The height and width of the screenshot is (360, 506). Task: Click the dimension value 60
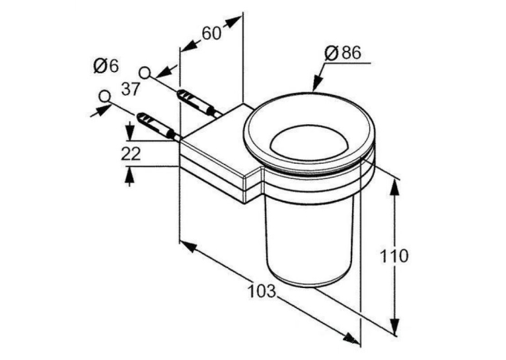tap(211, 33)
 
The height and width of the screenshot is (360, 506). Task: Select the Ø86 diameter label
tap(343, 53)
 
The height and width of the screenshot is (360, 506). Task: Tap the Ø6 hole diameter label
tap(106, 66)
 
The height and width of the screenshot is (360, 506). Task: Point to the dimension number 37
tap(130, 89)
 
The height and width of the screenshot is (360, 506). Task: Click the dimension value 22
tap(131, 153)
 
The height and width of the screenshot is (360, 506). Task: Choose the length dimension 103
tap(262, 291)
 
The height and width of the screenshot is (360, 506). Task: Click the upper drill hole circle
tap(145, 73)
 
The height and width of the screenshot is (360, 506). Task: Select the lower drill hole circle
tap(104, 96)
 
